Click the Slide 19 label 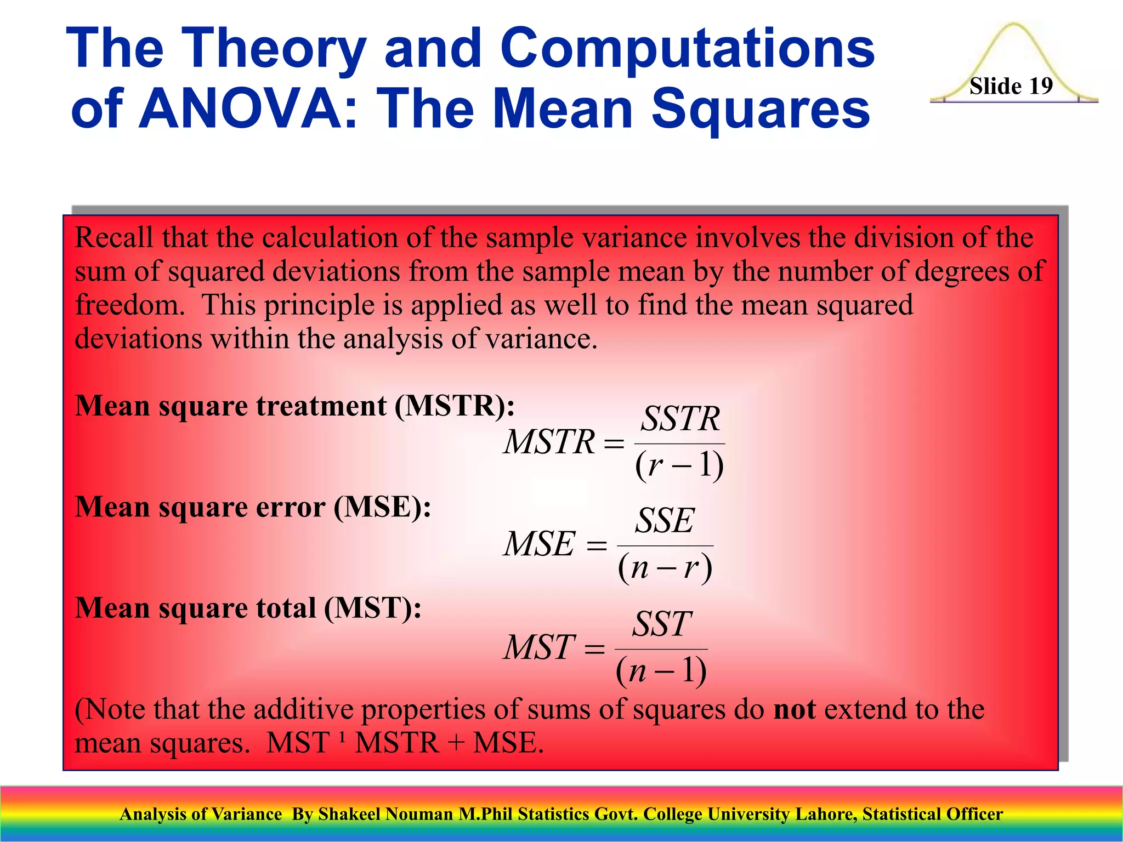click(x=1011, y=86)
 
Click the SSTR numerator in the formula click(x=680, y=419)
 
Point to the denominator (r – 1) click(x=679, y=465)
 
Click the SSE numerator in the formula click(x=665, y=521)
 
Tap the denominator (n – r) click(x=665, y=567)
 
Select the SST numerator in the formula click(x=662, y=624)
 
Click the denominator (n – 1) click(x=661, y=671)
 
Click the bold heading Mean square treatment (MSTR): click(x=295, y=406)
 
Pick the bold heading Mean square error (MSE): click(x=253, y=507)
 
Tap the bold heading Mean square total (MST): click(x=248, y=608)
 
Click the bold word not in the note click(x=794, y=709)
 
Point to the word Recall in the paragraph click(x=114, y=238)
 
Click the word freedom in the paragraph click(x=129, y=305)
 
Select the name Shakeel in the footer click(x=349, y=814)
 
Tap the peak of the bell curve click(x=1014, y=25)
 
